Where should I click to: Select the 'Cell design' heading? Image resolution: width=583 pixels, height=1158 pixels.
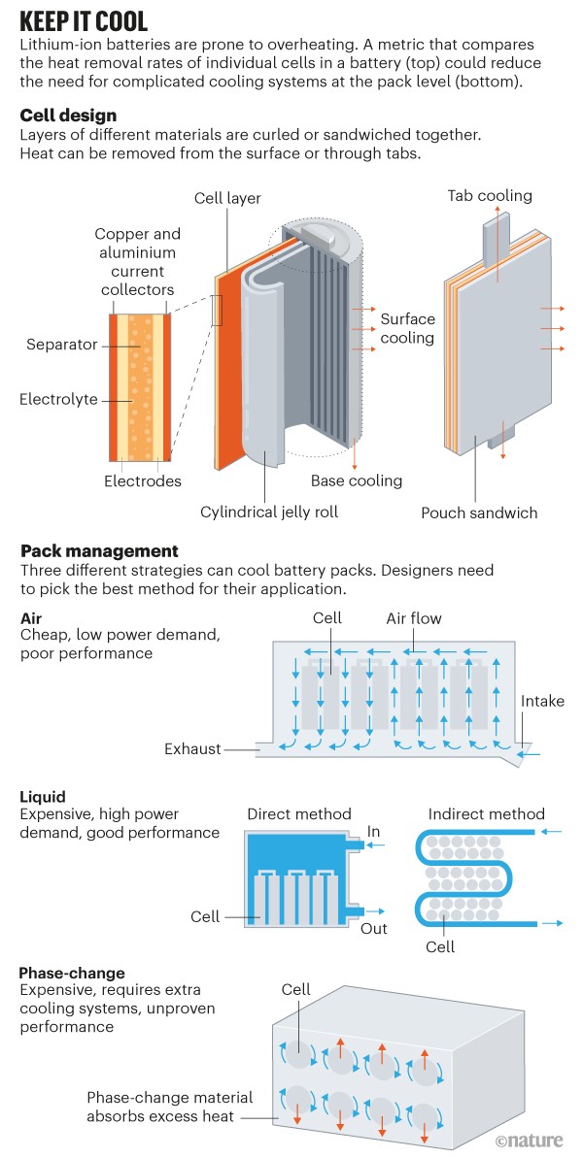click(x=68, y=116)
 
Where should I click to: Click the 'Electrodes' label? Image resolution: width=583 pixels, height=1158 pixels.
click(x=142, y=481)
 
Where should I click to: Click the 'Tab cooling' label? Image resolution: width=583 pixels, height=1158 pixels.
click(x=490, y=196)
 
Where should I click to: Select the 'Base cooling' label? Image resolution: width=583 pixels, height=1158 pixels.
click(x=356, y=480)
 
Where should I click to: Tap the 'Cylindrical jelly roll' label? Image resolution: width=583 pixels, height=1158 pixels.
click(x=269, y=512)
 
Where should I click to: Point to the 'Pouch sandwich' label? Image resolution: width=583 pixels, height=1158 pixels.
click(x=479, y=513)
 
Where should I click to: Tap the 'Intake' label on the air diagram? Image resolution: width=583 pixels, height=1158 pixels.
click(x=542, y=701)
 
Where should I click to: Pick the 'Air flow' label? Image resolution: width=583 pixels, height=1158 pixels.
click(x=415, y=617)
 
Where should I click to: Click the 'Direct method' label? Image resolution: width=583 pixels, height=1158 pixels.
click(x=299, y=814)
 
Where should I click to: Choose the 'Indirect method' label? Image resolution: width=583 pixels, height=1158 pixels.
click(x=486, y=814)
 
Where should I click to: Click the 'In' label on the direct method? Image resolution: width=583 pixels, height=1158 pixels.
click(x=374, y=832)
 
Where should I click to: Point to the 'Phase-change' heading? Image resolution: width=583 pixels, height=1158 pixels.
click(x=72, y=972)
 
